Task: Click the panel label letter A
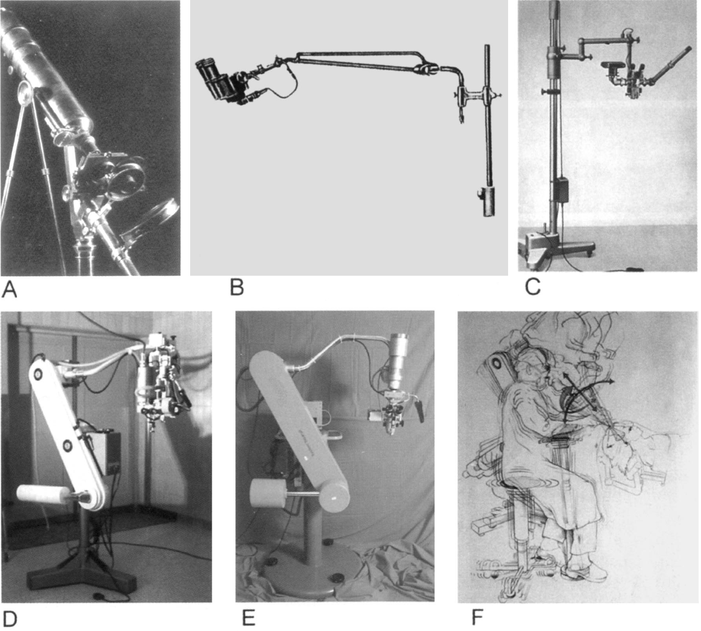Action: [9, 290]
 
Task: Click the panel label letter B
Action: [237, 288]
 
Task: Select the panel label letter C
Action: [533, 287]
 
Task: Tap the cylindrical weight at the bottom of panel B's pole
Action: [487, 201]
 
